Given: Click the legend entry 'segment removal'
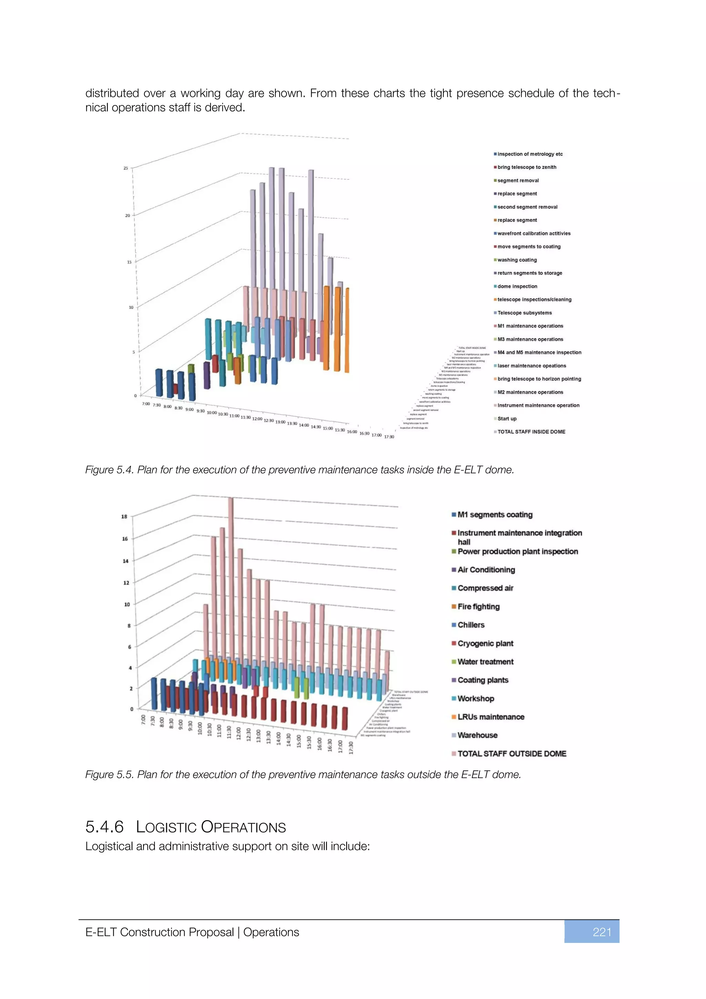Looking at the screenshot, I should tap(518, 181).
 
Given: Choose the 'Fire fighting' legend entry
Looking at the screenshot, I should tap(478, 607).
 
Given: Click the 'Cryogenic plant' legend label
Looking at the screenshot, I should tap(485, 643).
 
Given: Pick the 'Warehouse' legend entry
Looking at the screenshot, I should tap(477, 735).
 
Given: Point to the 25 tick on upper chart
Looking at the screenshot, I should tap(126, 168).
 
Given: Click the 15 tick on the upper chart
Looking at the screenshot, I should tap(129, 262).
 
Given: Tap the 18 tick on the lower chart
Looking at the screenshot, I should tap(124, 516).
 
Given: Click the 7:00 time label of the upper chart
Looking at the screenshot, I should tap(146, 404).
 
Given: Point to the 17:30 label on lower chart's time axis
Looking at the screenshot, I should tap(351, 747).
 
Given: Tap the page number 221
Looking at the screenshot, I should tap(602, 932).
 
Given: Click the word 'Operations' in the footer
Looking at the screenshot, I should tap(271, 932).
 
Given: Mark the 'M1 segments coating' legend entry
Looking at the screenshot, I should tap(495, 515).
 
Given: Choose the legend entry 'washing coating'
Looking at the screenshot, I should tap(517, 260).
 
